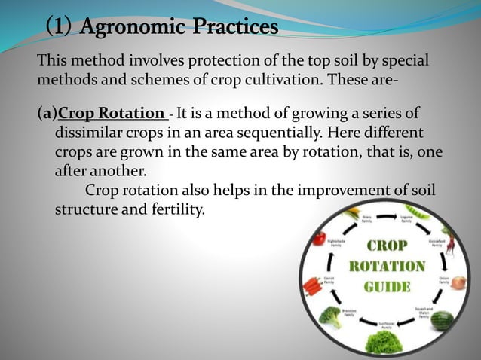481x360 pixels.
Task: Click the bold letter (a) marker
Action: [47, 114]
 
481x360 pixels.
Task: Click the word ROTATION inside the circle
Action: [386, 267]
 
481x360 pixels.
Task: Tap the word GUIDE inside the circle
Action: [386, 286]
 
